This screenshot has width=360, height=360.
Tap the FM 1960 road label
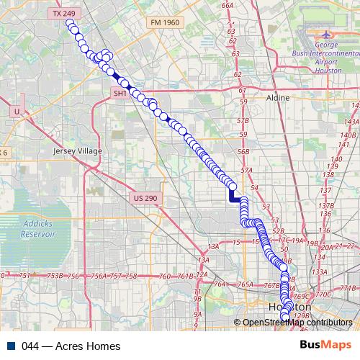coord(164,22)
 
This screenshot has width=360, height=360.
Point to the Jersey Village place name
coord(78,151)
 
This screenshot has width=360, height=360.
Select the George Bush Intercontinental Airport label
coord(330,57)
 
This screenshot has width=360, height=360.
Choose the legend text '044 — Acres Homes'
coord(71,346)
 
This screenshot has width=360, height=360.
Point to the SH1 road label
coord(120,94)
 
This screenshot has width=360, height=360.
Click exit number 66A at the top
coord(228,5)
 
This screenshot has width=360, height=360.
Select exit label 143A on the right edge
coord(351,122)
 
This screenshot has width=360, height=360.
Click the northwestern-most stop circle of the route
coord(70,23)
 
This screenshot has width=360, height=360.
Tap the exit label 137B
coord(333,206)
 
